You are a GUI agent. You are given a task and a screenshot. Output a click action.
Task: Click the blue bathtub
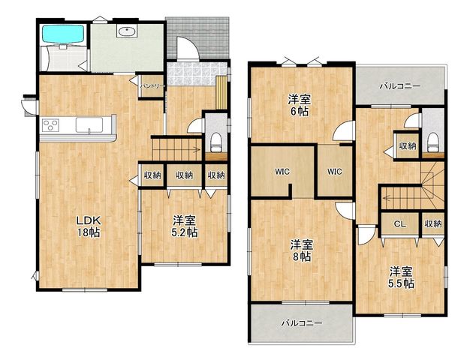(x=63, y=34)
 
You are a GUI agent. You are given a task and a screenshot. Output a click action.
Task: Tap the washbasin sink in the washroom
(x=127, y=31)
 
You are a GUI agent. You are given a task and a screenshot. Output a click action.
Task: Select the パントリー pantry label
(x=153, y=86)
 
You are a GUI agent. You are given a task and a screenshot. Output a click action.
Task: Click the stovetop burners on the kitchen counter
(x=50, y=125)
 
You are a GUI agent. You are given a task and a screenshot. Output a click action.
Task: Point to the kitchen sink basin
(x=89, y=124)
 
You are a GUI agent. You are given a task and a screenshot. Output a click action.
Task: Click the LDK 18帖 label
(x=89, y=226)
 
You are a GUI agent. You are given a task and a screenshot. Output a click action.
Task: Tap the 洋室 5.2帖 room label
(x=185, y=226)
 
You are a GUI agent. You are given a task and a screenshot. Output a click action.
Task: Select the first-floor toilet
(x=215, y=142)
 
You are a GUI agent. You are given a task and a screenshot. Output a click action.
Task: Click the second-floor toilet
(x=432, y=142)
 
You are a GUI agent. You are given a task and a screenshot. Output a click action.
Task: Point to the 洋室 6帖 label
(x=299, y=105)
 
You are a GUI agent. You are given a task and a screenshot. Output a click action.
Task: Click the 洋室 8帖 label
(x=301, y=250)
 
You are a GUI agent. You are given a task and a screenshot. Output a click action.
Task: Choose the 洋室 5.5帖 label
(x=401, y=277)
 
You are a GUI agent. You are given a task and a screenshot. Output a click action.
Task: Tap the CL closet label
(x=399, y=223)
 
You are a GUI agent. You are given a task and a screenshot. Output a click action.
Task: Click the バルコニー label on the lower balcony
(x=302, y=323)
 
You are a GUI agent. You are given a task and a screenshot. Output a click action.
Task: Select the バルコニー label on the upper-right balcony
(x=400, y=86)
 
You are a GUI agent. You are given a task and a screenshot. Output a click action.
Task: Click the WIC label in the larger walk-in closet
(x=282, y=172)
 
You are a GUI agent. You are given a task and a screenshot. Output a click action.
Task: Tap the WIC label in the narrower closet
(x=334, y=172)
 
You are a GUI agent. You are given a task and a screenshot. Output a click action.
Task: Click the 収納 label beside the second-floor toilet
(x=408, y=145)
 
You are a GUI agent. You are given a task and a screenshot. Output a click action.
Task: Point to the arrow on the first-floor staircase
(x=176, y=148)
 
